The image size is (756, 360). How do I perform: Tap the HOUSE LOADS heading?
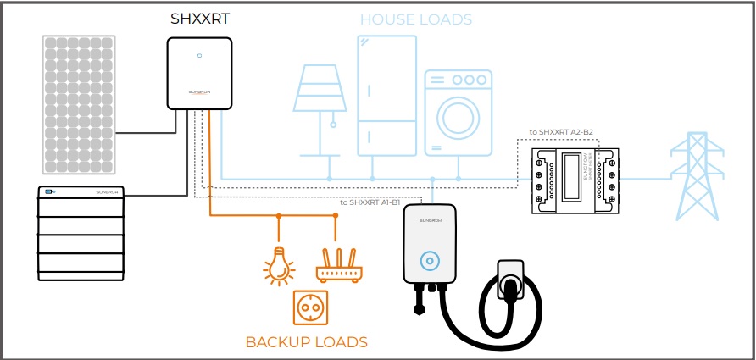tap(416, 19)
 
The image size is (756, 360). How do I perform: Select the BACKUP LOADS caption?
tap(306, 342)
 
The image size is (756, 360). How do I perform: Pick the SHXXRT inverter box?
tap(200, 76)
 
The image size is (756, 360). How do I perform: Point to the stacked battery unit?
tap(81, 233)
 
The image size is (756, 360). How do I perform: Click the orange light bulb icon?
tap(278, 267)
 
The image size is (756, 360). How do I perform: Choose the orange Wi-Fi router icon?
tap(337, 268)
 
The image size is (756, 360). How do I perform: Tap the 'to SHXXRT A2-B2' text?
tap(560, 132)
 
